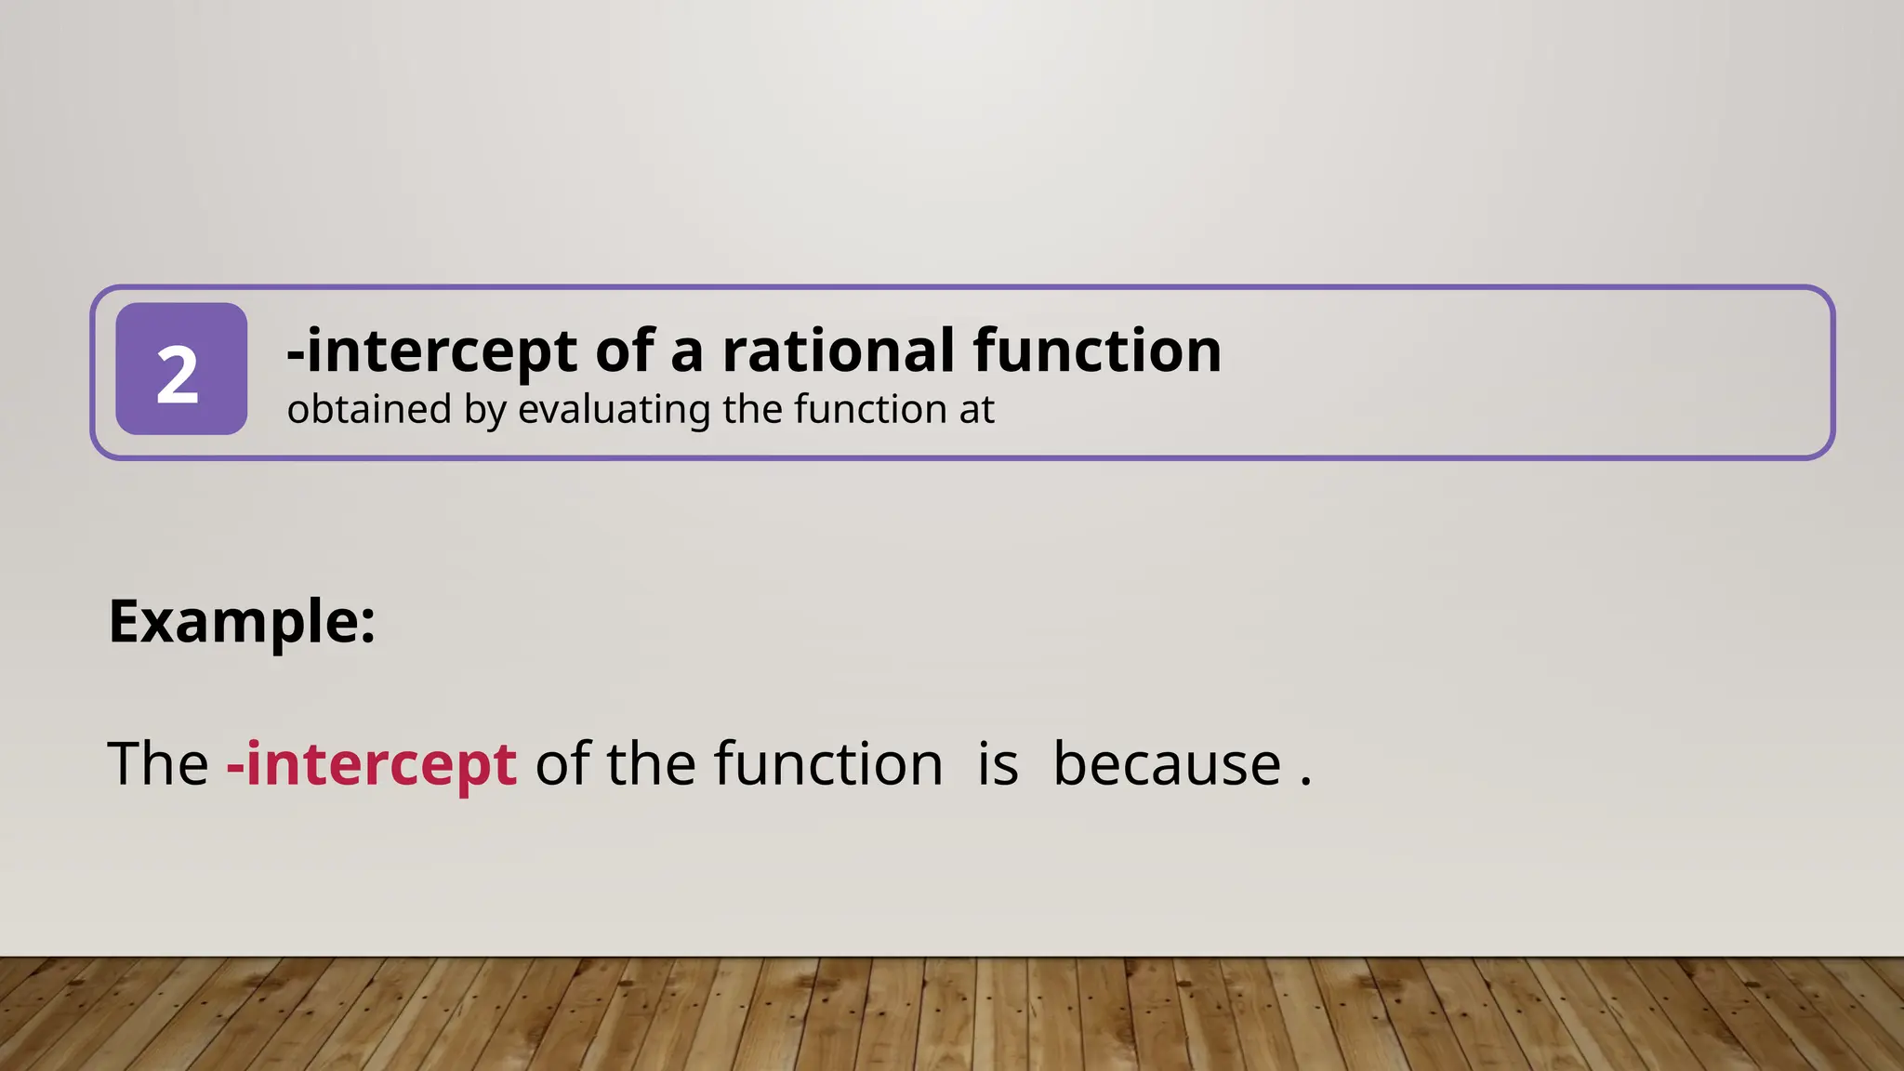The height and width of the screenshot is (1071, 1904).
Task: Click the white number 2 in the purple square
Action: click(178, 374)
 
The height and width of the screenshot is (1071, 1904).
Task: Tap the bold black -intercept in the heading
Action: click(431, 352)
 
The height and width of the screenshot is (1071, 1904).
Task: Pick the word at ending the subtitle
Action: click(976, 410)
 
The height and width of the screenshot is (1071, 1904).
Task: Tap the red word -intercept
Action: click(372, 764)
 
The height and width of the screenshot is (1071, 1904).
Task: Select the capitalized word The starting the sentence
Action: click(158, 764)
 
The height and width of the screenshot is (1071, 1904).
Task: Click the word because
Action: click(1167, 764)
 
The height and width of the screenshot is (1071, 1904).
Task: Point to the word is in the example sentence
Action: click(998, 764)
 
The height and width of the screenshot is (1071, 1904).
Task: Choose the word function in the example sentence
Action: click(828, 764)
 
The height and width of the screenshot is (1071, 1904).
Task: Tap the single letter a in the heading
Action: click(686, 352)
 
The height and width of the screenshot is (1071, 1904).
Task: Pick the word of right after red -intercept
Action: click(562, 764)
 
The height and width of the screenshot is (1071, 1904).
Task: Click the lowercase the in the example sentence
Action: click(651, 764)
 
